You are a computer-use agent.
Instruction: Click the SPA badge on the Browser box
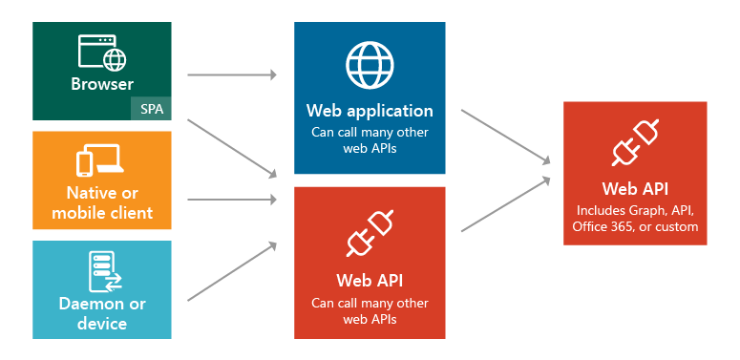click(151, 109)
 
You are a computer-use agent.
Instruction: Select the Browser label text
click(102, 84)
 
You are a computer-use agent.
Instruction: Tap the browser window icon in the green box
click(102, 53)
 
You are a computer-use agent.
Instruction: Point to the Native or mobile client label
click(102, 201)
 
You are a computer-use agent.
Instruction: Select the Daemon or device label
click(102, 314)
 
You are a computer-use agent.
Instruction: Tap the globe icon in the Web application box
click(370, 65)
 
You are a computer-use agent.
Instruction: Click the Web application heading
click(370, 111)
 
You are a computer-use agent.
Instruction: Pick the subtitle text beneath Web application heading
click(370, 140)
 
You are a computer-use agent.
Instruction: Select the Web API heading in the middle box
click(370, 281)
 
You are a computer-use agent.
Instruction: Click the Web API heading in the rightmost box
click(635, 189)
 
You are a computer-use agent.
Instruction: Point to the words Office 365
click(605, 227)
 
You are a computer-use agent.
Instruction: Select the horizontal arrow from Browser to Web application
click(232, 74)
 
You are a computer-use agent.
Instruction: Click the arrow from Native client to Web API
click(232, 200)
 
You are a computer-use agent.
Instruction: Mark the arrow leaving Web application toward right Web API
click(506, 137)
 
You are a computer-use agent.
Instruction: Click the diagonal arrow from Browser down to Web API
click(232, 148)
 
